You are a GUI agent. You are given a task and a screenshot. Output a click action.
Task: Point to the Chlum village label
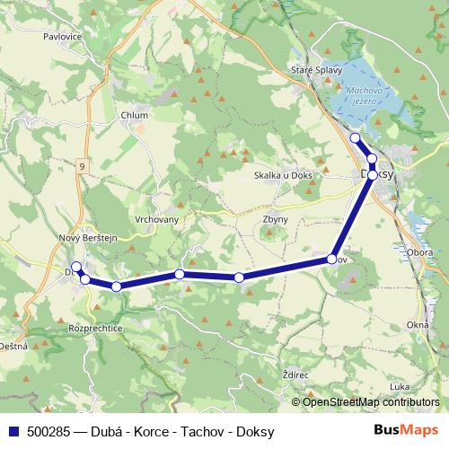134,115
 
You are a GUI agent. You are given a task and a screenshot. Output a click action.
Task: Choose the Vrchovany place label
156,219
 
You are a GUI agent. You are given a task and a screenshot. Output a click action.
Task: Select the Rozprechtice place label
96,329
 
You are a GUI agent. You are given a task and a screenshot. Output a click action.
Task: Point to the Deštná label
13,345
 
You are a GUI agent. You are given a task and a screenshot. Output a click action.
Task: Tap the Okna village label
418,324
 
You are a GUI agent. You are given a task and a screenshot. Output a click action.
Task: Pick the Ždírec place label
295,372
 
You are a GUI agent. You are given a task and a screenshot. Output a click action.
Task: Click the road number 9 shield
82,166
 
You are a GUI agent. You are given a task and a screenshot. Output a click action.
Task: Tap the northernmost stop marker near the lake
355,137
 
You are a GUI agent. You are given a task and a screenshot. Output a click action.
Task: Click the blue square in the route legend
13,432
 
